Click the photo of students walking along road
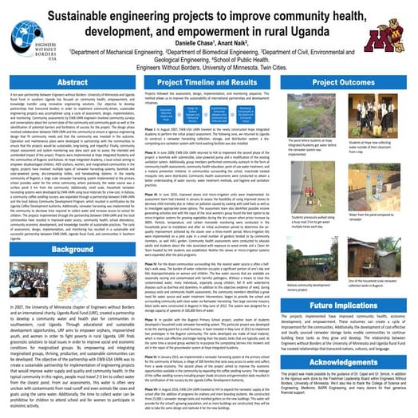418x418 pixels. [322, 179]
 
